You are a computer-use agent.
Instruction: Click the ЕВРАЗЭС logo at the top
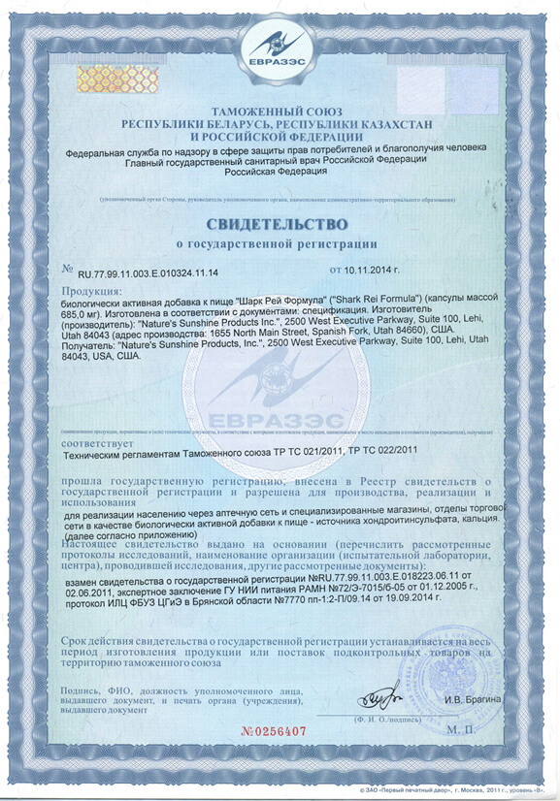click(279, 48)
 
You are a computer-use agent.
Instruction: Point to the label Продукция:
click(92, 291)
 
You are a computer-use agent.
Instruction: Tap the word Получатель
click(88, 344)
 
